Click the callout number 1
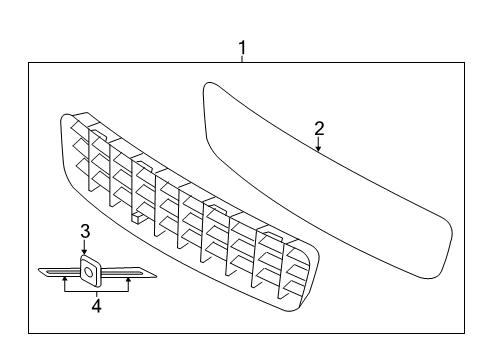click(241, 47)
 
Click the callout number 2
click(319, 129)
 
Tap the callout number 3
click(85, 232)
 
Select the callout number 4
click(97, 307)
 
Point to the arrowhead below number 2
click(319, 150)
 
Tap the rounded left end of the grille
click(67, 135)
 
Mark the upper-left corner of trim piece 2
click(208, 86)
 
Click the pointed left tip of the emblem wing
click(39, 270)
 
